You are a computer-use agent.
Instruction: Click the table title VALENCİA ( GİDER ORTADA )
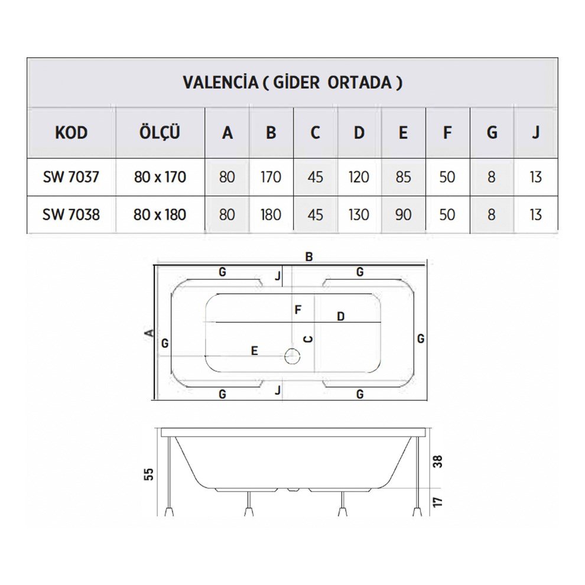(x=292, y=82)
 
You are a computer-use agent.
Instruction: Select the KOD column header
(x=71, y=132)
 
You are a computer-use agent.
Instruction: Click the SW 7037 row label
(x=71, y=177)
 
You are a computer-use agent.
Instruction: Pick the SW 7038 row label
(x=71, y=214)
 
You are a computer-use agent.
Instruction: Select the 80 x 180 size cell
(x=160, y=214)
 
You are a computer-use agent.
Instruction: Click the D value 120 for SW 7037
(x=359, y=177)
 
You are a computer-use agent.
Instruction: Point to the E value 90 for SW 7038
(x=403, y=214)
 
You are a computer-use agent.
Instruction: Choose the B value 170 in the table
(x=271, y=177)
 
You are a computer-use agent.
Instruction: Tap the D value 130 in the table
(x=359, y=214)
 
